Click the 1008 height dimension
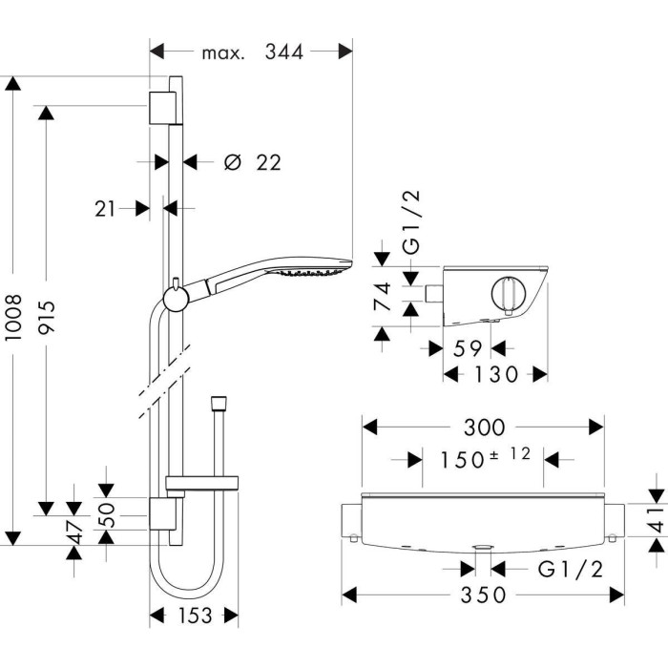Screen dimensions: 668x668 tap(14, 317)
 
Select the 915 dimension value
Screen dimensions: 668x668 tap(47, 318)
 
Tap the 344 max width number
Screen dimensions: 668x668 tap(284, 52)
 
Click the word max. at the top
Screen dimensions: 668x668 tap(223, 53)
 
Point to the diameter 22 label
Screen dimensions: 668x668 tap(253, 162)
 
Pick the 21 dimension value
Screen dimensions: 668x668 tap(105, 209)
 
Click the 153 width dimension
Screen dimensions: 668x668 tap(195, 615)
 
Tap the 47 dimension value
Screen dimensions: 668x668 tap(74, 532)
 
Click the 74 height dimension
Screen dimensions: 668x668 tap(382, 297)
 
